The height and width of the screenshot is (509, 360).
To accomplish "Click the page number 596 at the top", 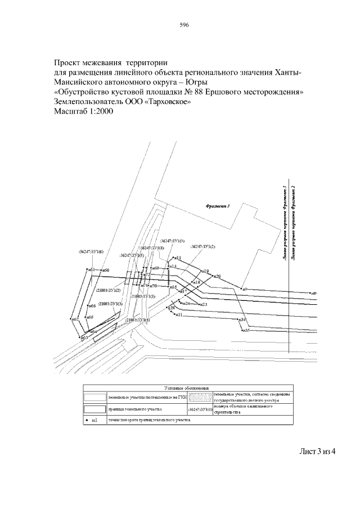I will click(x=183, y=25).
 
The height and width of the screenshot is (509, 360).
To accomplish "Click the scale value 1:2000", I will click(x=98, y=112).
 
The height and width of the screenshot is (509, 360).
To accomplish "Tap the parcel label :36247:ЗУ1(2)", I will click(x=203, y=246).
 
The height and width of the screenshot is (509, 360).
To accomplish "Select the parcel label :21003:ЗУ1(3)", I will click(x=110, y=304).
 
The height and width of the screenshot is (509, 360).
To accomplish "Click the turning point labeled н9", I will click(x=242, y=289).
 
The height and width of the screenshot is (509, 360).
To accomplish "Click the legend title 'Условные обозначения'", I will click(x=187, y=389).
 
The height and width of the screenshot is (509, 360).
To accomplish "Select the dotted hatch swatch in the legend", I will click(x=201, y=398).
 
